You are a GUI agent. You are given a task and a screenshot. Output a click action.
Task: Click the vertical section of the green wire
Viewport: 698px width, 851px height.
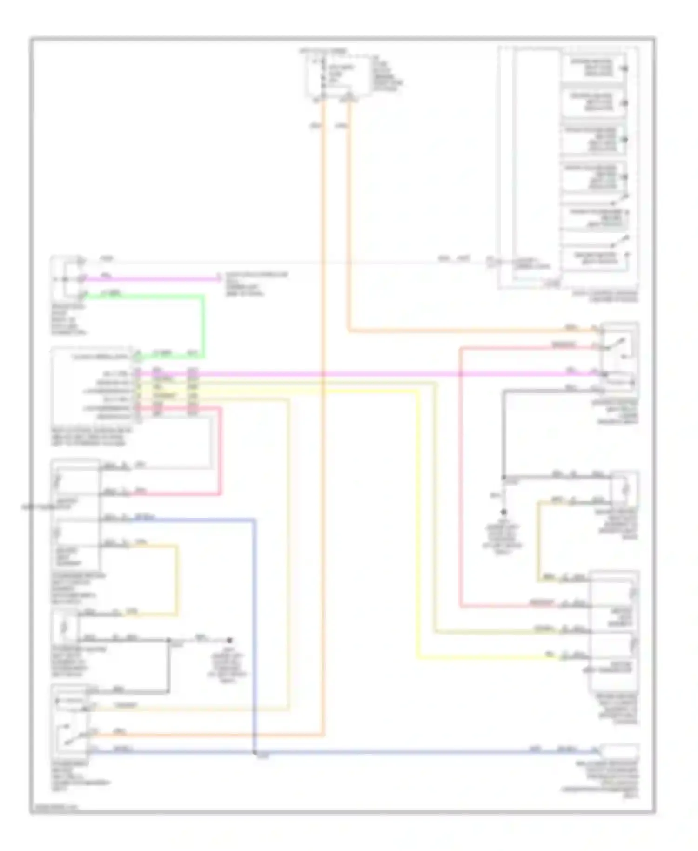pyautogui.click(x=203, y=326)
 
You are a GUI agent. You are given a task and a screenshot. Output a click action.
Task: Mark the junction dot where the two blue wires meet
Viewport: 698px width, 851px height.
pyautogui.click(x=255, y=752)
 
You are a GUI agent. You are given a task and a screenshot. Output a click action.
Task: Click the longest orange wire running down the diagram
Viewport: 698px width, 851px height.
pyautogui.click(x=323, y=419)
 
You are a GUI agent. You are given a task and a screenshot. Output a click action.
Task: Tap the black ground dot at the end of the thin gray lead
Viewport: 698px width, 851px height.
pyautogui.click(x=229, y=641)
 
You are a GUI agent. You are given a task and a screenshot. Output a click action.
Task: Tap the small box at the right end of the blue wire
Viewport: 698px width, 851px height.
pyautogui.click(x=620, y=750)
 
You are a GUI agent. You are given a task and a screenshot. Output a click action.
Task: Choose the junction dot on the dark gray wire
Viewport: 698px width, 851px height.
pyautogui.click(x=503, y=478)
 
